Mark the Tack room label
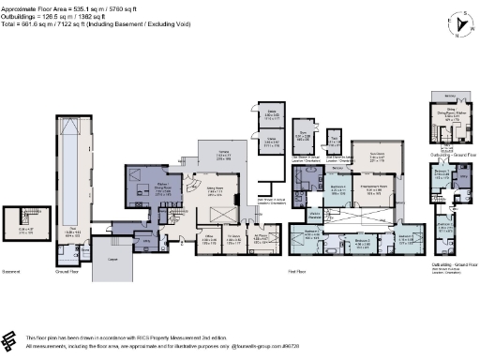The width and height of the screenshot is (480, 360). pyautogui.click(x=335, y=141)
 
